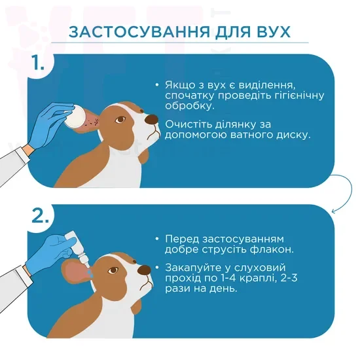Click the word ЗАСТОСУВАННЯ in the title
(139, 31)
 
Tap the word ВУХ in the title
(270, 31)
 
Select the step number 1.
(38, 63)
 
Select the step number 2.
(41, 216)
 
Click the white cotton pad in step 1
(75, 117)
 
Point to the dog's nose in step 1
(151, 119)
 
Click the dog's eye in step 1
(120, 120)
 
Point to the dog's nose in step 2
(145, 270)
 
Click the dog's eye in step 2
(113, 270)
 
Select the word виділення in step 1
(267, 85)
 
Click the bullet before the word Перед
(157, 239)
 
